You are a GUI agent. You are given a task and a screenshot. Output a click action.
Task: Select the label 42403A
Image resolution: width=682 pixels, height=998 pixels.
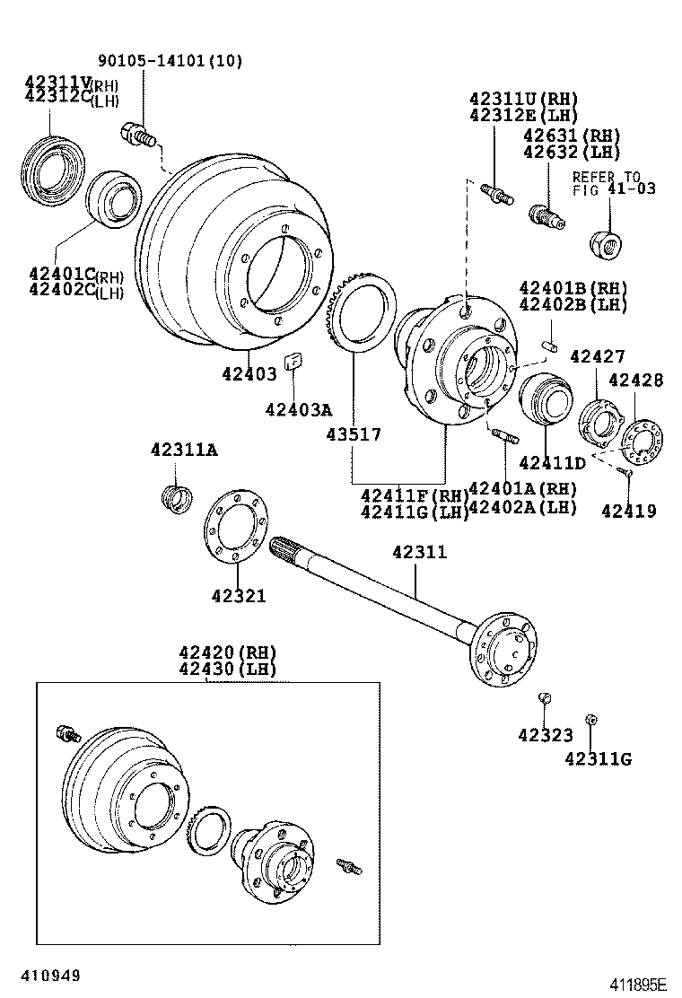[x=298, y=410]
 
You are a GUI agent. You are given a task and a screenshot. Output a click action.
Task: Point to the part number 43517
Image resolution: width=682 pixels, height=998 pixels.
[x=353, y=434]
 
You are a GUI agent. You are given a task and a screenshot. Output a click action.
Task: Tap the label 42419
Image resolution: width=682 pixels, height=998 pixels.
[x=628, y=511]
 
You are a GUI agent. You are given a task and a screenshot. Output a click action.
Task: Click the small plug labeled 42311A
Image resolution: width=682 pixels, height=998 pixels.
[x=176, y=496]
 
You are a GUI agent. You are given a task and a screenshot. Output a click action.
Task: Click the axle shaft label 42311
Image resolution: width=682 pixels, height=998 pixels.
[x=417, y=553]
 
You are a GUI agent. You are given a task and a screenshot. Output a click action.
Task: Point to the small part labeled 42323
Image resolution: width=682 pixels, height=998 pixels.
[x=543, y=699]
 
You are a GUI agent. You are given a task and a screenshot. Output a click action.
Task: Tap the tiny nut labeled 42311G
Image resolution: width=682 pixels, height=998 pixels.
[x=590, y=720]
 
